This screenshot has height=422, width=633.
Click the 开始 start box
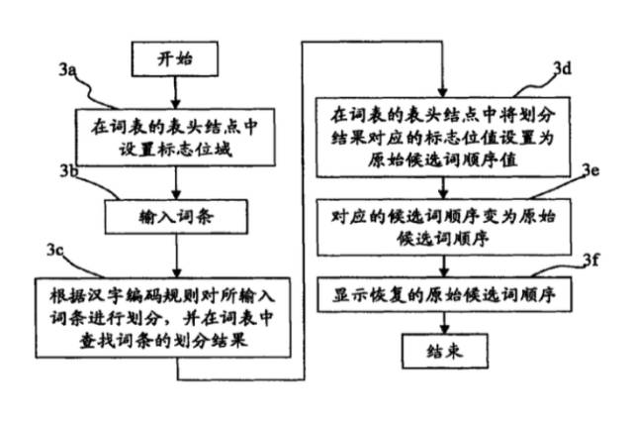[x=175, y=59]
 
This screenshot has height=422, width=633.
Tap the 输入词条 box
[x=175, y=214]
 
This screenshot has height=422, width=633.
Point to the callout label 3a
[x=67, y=70]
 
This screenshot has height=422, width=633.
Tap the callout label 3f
[x=590, y=261]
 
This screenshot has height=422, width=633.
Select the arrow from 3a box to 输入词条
[x=175, y=181]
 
